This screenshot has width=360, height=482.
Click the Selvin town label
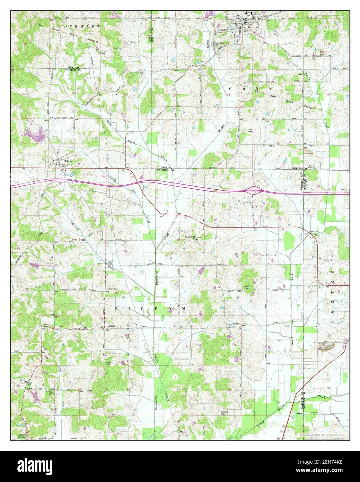tap(67, 161)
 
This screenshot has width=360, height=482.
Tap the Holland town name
tap(222, 30)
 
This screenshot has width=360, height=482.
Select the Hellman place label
tap(111, 326)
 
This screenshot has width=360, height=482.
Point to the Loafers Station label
tap(22, 436)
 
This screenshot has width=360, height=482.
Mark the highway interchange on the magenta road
tap(254, 189)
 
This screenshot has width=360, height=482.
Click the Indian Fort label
tap(90, 235)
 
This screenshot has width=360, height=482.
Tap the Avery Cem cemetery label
tap(104, 288)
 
